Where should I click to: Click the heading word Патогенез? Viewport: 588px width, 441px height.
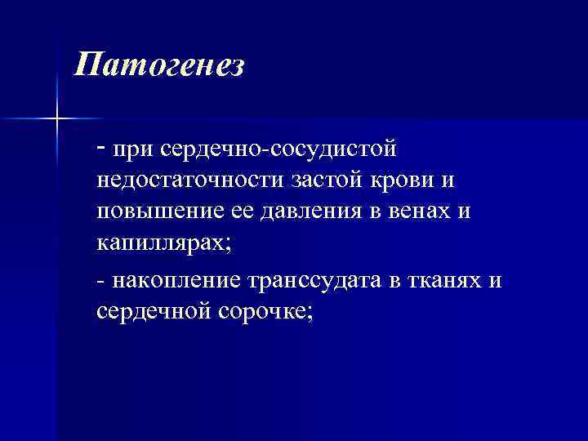click(158, 65)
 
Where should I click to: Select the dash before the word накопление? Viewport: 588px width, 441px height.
click(100, 280)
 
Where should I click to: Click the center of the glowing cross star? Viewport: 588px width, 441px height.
click(57, 119)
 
